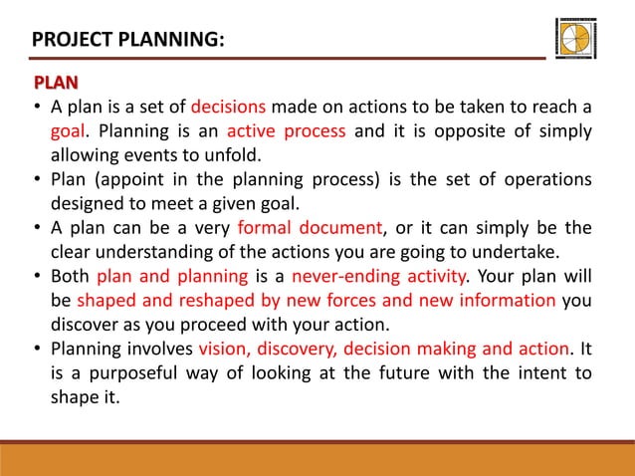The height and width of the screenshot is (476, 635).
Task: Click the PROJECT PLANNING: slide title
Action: (x=127, y=40)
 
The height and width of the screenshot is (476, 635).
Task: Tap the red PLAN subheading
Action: (x=56, y=82)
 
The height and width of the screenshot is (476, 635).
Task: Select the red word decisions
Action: (x=228, y=107)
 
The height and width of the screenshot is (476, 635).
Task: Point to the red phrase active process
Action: (x=286, y=131)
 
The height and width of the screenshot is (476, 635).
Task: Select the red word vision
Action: (x=222, y=349)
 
